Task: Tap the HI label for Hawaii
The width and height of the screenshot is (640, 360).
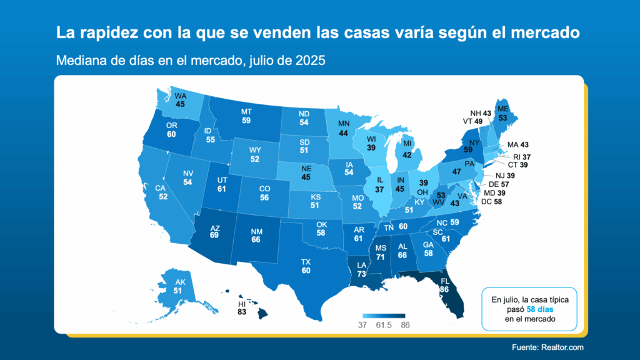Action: click(x=241, y=304)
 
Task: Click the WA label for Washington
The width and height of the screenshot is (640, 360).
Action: click(x=181, y=96)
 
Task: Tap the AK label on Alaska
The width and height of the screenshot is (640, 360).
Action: click(x=179, y=281)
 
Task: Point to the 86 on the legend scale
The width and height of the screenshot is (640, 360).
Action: click(x=404, y=325)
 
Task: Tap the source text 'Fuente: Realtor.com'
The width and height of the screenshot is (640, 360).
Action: click(x=549, y=347)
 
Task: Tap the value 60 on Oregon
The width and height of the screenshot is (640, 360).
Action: click(x=172, y=134)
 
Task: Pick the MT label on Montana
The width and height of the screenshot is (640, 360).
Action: click(x=246, y=112)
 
